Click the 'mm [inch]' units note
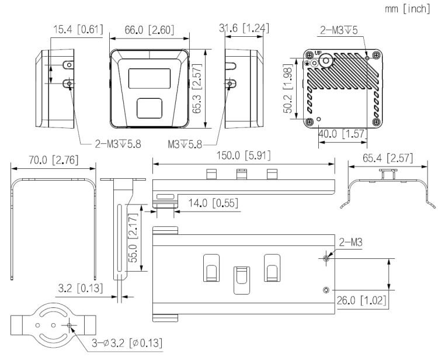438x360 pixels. click(408, 9)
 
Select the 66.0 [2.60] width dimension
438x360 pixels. click(148, 29)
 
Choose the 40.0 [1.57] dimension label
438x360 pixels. click(342, 134)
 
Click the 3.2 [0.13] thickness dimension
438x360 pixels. click(82, 288)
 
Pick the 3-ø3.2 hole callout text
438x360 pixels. click(126, 342)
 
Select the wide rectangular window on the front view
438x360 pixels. click(149, 78)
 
